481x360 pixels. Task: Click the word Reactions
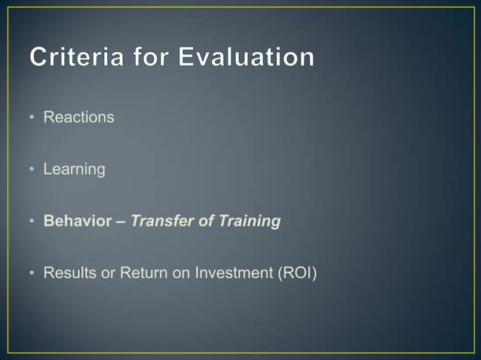pos(78,117)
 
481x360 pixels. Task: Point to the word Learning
pos(74,169)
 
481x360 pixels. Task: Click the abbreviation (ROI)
pos(299,273)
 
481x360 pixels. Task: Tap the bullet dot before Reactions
pos(33,118)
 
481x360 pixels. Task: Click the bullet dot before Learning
pos(33,170)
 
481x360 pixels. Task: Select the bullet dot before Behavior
pos(33,222)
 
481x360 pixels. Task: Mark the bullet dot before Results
pos(33,274)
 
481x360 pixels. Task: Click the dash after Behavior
pos(121,222)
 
